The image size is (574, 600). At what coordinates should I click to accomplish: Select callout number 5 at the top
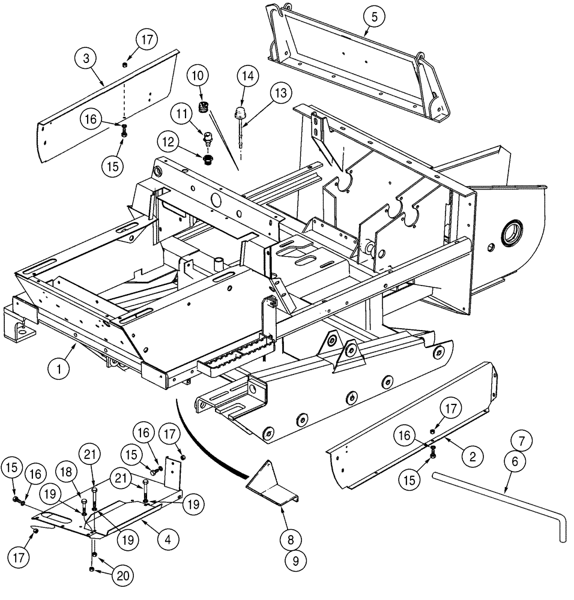[374, 17]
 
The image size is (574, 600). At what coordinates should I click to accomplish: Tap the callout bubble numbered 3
[86, 59]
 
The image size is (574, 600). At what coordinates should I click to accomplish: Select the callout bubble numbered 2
[473, 457]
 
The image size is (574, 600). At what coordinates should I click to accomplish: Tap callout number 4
[168, 539]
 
